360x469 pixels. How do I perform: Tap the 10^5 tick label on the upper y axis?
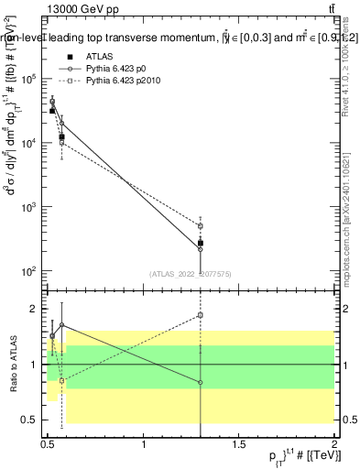(x=27, y=79)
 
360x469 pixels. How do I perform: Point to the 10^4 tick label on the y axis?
(x=27, y=143)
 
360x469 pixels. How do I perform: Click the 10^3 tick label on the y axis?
(x=27, y=207)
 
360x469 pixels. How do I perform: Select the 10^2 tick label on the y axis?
(x=27, y=271)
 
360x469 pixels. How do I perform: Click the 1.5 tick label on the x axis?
(x=239, y=445)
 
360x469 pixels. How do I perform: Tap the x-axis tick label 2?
(x=334, y=445)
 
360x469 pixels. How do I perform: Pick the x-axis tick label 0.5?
(x=49, y=445)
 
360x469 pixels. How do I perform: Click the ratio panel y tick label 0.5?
(x=30, y=420)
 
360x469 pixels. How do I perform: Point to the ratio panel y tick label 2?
(x=34, y=309)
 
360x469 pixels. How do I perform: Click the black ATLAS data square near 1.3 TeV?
(x=201, y=243)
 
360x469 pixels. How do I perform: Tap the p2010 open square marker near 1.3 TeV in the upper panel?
(x=201, y=225)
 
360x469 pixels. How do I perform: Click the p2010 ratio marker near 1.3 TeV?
(x=201, y=315)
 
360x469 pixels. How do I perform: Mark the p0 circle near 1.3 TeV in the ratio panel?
(x=201, y=382)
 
